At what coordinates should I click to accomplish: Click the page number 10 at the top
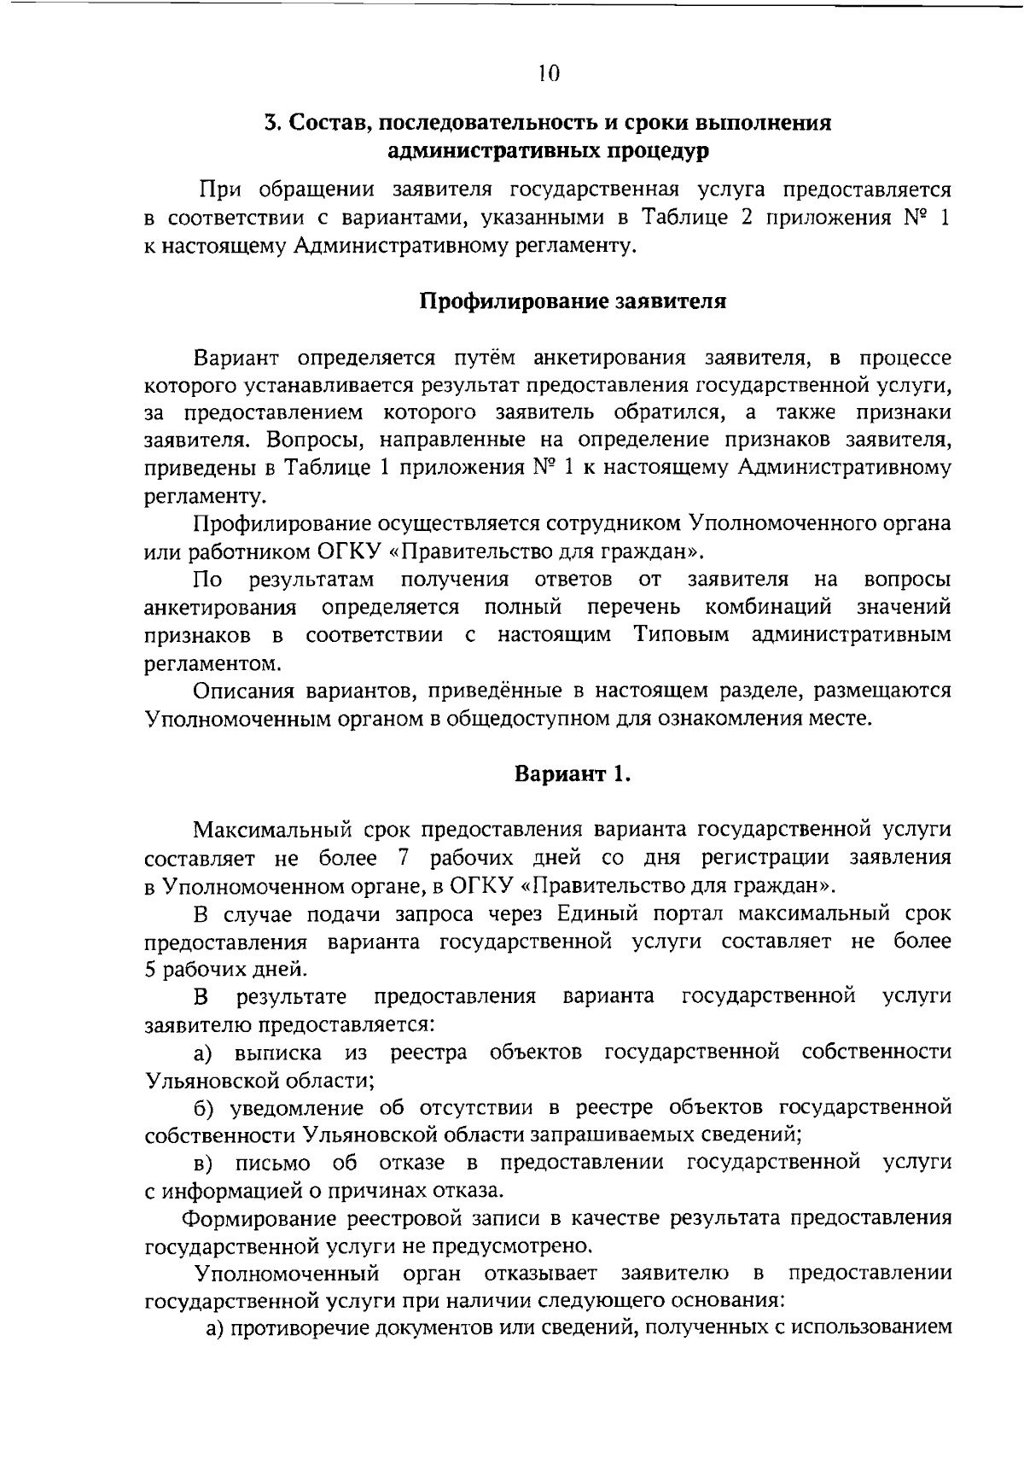[x=549, y=73]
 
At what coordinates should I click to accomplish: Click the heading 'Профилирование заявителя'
[x=573, y=301]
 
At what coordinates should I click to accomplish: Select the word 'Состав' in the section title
[x=324, y=123]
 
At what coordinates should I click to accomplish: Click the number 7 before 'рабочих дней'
[x=404, y=856]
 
